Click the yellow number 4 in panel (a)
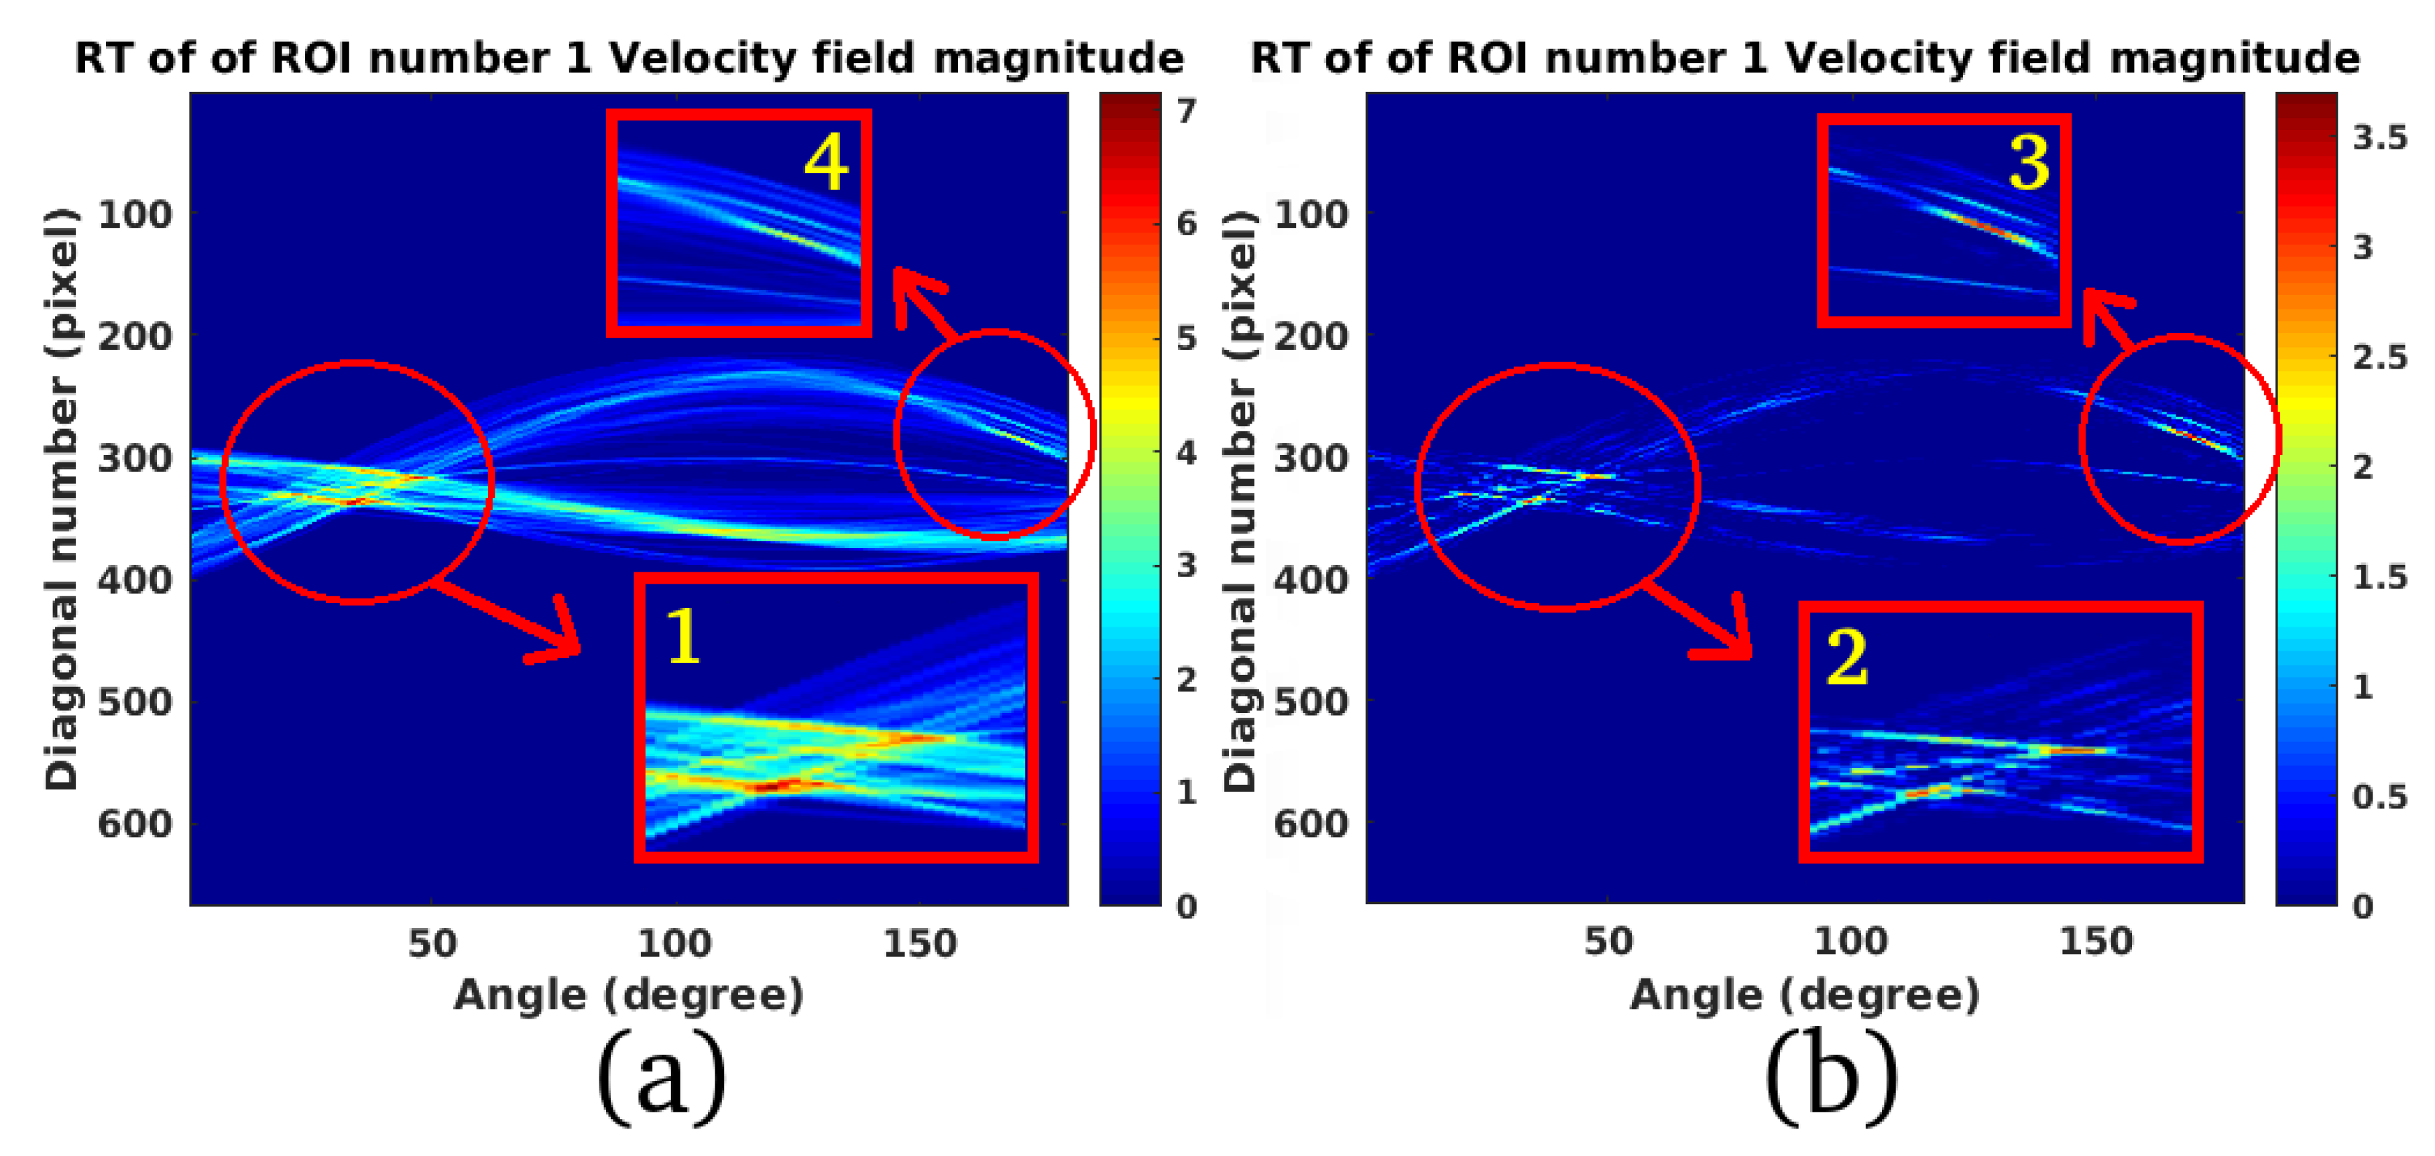click(826, 163)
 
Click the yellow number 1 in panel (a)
click(682, 636)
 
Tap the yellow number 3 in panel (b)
click(2029, 164)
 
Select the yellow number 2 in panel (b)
click(1846, 658)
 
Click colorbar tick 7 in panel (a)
click(1186, 111)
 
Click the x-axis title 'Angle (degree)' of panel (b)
click(1803, 994)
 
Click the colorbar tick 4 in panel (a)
click(1186, 453)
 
